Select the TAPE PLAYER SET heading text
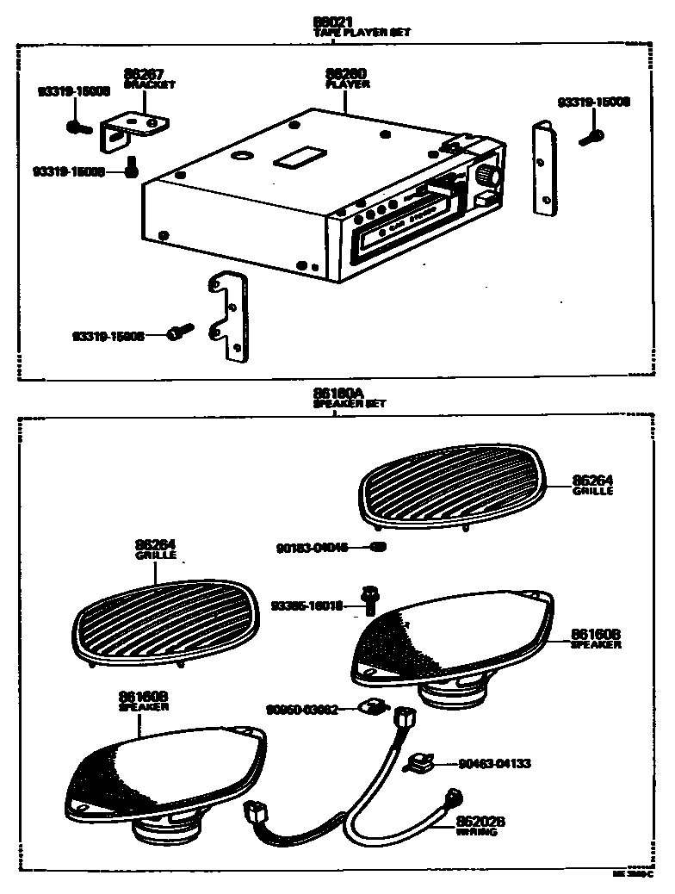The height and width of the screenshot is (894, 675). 362,32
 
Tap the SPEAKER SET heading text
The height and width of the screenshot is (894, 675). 349,403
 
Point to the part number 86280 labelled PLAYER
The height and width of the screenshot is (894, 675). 348,75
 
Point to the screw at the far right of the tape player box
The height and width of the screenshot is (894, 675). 593,135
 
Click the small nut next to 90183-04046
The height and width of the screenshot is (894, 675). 379,547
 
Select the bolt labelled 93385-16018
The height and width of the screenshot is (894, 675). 371,599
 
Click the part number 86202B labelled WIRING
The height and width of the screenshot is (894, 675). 480,823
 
